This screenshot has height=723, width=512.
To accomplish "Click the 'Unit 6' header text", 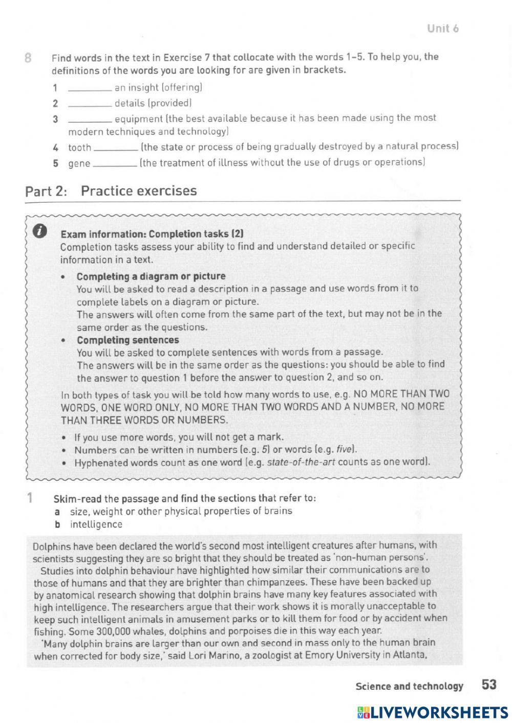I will [x=443, y=29].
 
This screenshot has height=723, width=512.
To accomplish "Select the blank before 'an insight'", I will [x=90, y=88].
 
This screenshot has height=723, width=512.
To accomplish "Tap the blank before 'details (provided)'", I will [x=90, y=104].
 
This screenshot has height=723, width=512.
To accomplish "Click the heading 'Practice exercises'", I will [x=139, y=191].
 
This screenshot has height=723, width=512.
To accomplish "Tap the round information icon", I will [x=40, y=232].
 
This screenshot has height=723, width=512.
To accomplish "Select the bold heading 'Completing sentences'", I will [x=128, y=340].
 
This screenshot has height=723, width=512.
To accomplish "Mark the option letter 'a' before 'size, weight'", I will [x=57, y=511].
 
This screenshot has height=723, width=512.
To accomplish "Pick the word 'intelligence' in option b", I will [x=96, y=524].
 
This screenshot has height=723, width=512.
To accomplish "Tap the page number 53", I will [x=489, y=685].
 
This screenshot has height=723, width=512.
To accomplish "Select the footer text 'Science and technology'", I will [x=409, y=686].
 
